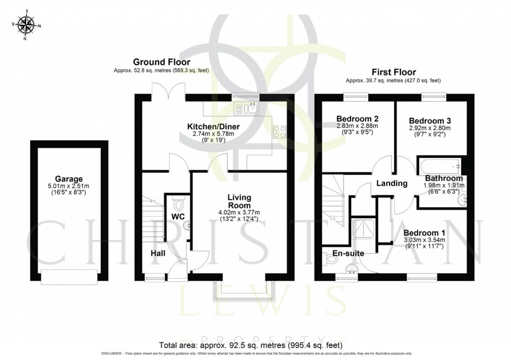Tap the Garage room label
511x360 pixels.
point(69,179)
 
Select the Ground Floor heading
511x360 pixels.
point(161,62)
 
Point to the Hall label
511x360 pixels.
point(158,254)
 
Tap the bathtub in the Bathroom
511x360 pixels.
point(439,165)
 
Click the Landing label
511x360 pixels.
point(392,183)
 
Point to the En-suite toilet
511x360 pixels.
point(330,258)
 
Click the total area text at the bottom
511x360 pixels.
point(250,345)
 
